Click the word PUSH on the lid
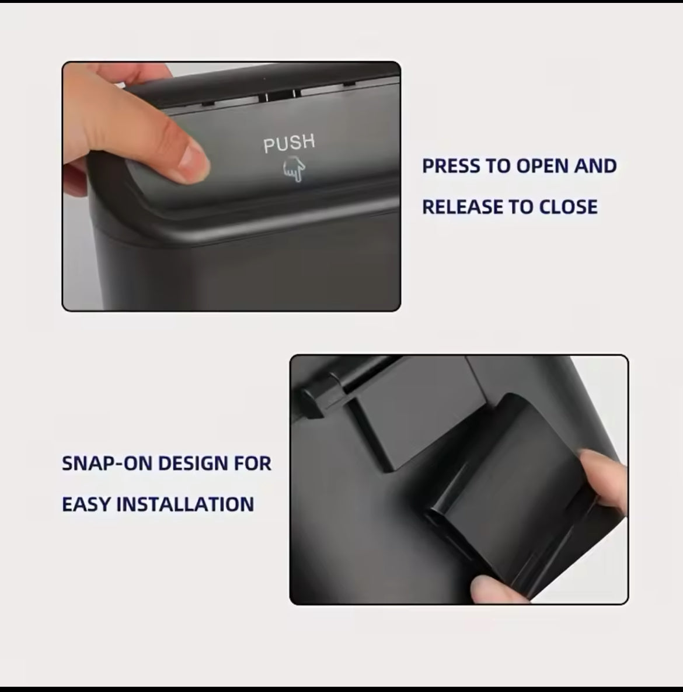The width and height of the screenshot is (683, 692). pyautogui.click(x=289, y=143)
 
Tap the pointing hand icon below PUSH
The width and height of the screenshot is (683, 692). pyautogui.click(x=294, y=170)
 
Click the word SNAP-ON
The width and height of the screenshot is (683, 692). pyautogui.click(x=107, y=463)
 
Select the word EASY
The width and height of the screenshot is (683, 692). pyautogui.click(x=86, y=504)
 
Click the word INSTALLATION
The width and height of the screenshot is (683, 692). pyautogui.click(x=184, y=504)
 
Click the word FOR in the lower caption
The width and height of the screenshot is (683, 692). pyautogui.click(x=253, y=463)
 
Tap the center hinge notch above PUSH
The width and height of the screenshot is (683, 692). pyautogui.click(x=280, y=95)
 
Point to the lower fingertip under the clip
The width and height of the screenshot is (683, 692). pyautogui.click(x=494, y=589)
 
